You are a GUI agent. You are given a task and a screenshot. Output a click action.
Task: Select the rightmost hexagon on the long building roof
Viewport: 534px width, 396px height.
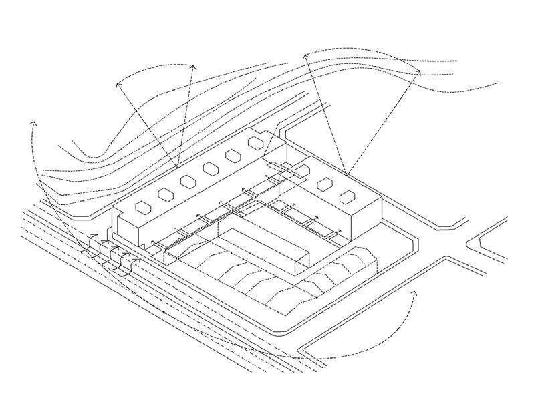(x=255, y=142)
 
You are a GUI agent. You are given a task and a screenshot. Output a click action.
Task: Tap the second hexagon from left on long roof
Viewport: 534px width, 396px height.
(x=164, y=194)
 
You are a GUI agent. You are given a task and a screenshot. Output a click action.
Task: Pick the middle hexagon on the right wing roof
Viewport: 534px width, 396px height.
(x=325, y=184)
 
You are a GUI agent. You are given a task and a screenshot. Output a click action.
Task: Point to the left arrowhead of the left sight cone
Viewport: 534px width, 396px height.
(x=118, y=81)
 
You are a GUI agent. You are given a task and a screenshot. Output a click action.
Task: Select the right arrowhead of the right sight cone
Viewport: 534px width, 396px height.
(x=419, y=71)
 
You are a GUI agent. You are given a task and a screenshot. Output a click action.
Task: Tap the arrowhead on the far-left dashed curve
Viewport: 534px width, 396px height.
(x=33, y=123)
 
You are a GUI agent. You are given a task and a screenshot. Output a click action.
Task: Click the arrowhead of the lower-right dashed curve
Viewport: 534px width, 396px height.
(x=414, y=292)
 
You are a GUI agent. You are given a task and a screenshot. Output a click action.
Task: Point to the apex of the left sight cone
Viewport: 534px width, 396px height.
(x=176, y=167)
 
